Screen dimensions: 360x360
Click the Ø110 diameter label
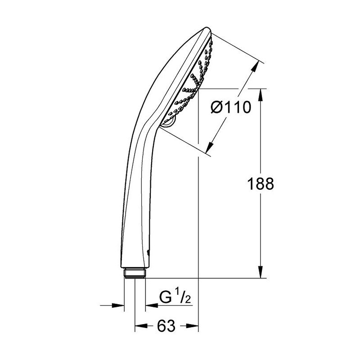(231, 107)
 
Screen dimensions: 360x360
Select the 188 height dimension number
(261, 184)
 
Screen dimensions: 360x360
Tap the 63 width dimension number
(166, 325)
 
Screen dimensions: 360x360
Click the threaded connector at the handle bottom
(135, 273)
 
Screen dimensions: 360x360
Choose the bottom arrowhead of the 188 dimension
(261, 272)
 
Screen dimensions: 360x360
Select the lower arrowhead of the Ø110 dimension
(209, 148)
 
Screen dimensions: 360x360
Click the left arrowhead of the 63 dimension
(141, 325)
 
